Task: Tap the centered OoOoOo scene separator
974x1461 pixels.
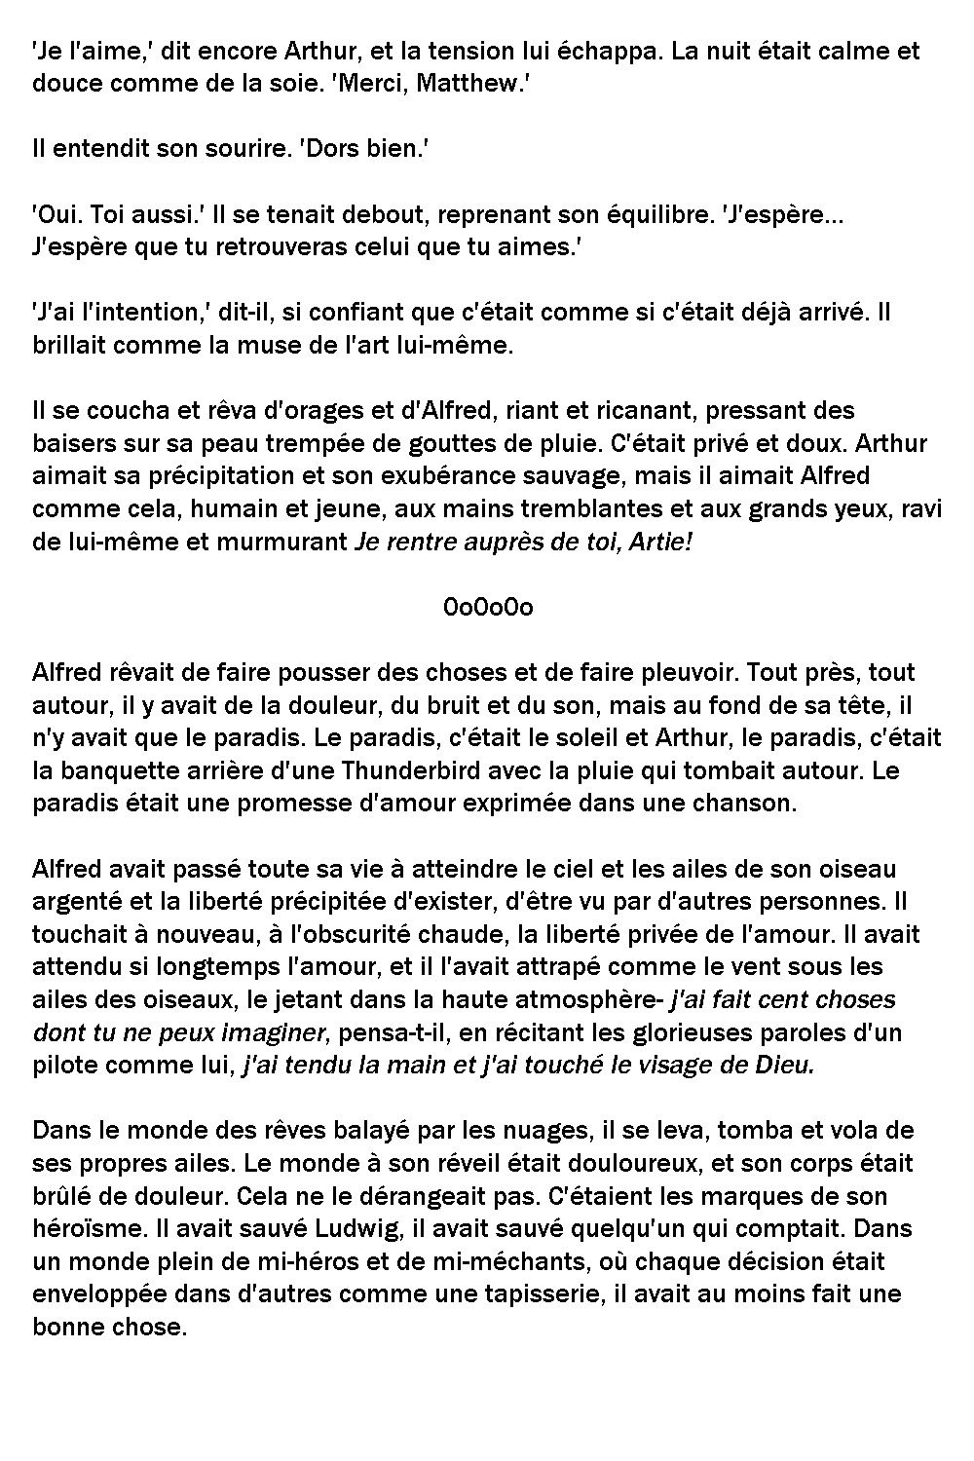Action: [x=488, y=608]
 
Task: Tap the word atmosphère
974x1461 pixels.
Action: [x=591, y=1000]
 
